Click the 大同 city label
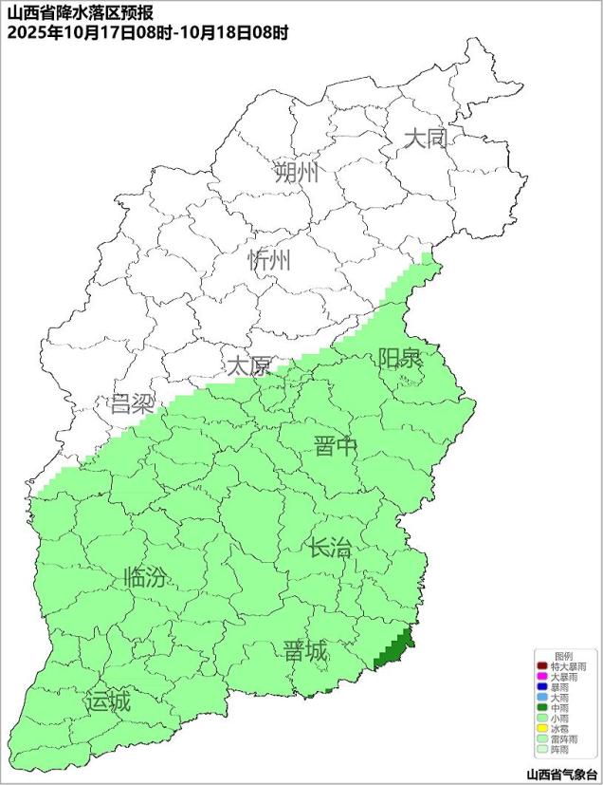426,139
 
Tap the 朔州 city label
297,173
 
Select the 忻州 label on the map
269,261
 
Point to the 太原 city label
248,365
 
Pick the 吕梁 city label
132,404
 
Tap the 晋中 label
337,446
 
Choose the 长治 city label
329,547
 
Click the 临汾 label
147,577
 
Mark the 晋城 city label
305,651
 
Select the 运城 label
107,702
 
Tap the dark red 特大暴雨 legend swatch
541,667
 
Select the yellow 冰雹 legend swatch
541,728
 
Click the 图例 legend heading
563,656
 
